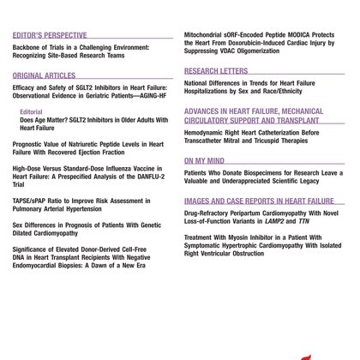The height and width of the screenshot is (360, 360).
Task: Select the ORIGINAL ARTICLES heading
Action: (x=43, y=75)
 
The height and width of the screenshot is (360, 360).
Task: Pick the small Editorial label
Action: (x=31, y=111)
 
